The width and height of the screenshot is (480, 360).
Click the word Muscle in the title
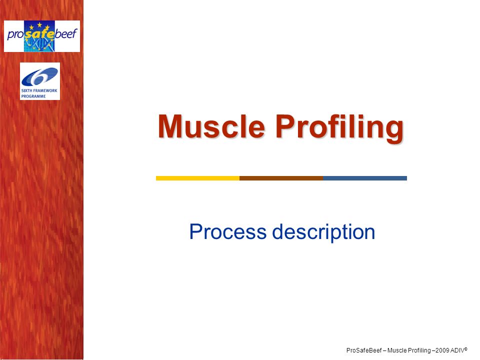(211, 126)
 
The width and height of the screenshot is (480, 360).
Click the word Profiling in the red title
(339, 128)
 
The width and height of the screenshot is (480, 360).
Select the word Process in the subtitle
(228, 231)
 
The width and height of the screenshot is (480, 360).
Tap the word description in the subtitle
(323, 232)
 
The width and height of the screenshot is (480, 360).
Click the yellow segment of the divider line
(198, 178)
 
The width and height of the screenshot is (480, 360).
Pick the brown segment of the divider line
(281, 178)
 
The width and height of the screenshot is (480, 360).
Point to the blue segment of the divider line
(365, 178)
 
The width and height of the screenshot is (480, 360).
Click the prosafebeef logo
(42, 36)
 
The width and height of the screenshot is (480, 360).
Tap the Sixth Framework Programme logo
(40, 81)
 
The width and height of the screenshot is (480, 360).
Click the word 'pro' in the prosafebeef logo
(15, 34)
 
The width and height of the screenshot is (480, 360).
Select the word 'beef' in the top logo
(66, 33)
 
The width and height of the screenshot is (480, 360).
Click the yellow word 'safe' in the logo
(39, 33)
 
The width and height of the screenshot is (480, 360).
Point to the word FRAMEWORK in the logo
(45, 90)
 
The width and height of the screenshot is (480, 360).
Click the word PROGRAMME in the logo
(33, 96)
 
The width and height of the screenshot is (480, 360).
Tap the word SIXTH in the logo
(27, 90)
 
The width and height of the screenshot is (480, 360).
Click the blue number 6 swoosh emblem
(39, 76)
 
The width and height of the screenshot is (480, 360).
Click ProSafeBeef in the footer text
(364, 350)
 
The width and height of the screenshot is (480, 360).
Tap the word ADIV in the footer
(457, 350)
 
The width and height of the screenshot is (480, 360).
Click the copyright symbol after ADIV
(466, 348)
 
